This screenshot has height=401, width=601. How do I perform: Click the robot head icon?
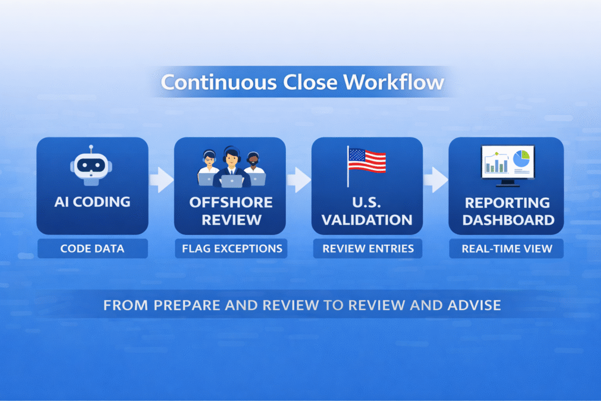tap(92, 164)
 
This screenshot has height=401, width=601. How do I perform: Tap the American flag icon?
tap(367, 160)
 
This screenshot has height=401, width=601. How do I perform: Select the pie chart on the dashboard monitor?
tap(521, 159)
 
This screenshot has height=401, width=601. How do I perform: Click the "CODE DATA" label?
tap(92, 248)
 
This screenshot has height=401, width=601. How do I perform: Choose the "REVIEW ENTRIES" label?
tap(367, 248)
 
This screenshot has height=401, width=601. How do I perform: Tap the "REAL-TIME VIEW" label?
tap(507, 248)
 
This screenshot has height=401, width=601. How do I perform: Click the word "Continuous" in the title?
tap(217, 82)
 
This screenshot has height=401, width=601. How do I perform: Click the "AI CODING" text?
tap(92, 202)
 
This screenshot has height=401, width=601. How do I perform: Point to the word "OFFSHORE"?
tap(231, 203)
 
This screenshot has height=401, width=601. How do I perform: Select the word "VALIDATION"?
tap(367, 220)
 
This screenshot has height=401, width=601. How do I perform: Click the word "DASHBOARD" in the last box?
tap(507, 220)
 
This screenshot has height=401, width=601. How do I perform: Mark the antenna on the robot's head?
tap(91, 148)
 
